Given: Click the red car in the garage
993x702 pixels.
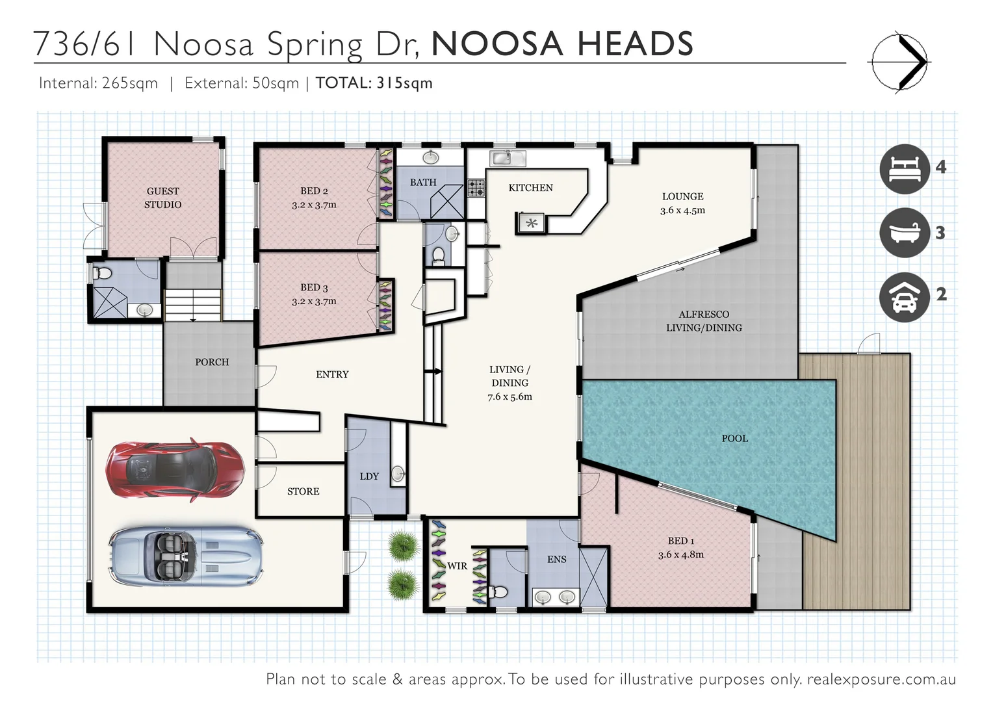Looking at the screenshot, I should tap(175, 470).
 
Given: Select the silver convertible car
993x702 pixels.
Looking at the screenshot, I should tap(186, 555).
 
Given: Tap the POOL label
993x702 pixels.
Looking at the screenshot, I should tap(734, 439).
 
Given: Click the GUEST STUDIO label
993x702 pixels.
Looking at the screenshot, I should tap(163, 198).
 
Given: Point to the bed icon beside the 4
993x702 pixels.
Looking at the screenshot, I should tap(904, 168).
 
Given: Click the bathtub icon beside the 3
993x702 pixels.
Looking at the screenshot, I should tap(904, 232).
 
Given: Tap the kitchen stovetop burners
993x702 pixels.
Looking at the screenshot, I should tap(476, 188).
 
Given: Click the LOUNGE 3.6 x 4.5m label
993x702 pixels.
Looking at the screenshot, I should tap(682, 203).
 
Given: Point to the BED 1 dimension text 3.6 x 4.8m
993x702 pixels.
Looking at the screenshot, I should tap(680, 555).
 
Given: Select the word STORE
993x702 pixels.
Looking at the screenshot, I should tap(303, 491).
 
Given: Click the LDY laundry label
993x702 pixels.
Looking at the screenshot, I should tap(369, 476).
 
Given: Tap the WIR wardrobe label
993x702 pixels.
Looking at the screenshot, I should tap(457, 566).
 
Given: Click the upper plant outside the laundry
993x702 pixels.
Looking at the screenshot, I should tap(402, 545).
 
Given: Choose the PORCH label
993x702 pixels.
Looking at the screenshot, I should tap(212, 362).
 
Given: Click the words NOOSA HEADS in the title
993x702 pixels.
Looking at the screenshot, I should tap(562, 44).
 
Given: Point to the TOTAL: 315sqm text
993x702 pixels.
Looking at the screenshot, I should tap(374, 83).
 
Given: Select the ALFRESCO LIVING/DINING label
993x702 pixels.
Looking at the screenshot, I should tap(704, 321).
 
